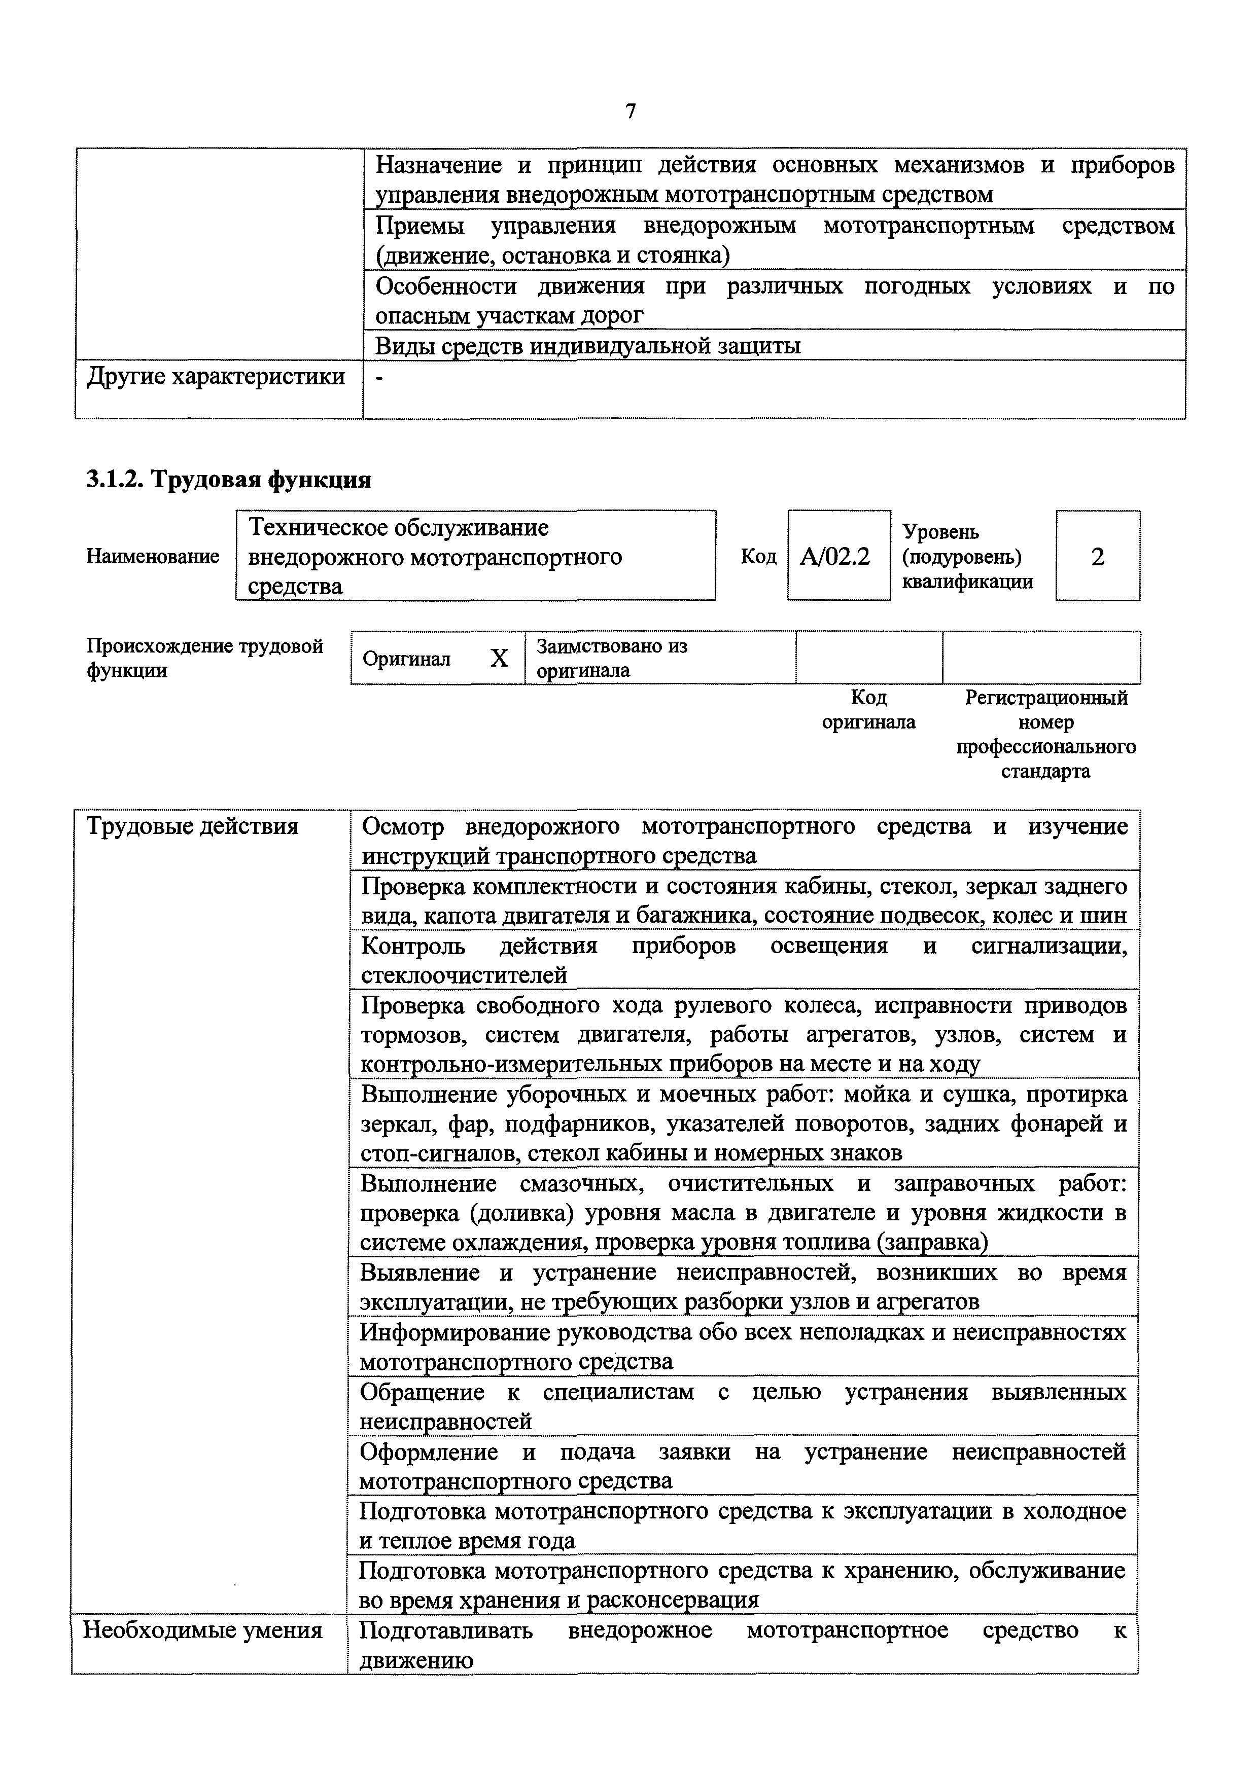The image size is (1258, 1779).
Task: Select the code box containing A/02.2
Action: click(838, 556)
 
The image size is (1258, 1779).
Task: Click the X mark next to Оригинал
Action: click(499, 659)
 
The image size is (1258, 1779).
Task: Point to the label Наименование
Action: click(153, 556)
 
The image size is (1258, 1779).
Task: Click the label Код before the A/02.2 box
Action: click(758, 556)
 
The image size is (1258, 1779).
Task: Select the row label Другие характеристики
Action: click(216, 377)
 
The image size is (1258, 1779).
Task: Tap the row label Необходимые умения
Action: click(202, 1630)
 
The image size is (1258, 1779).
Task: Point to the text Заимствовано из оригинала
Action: click(612, 658)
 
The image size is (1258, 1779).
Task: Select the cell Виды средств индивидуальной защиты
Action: click(587, 346)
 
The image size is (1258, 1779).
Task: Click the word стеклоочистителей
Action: click(464, 975)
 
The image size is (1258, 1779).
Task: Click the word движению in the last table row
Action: click(416, 1660)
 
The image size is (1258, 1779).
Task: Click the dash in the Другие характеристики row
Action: click(378, 377)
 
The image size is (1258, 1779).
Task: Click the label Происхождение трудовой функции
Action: click(204, 658)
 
